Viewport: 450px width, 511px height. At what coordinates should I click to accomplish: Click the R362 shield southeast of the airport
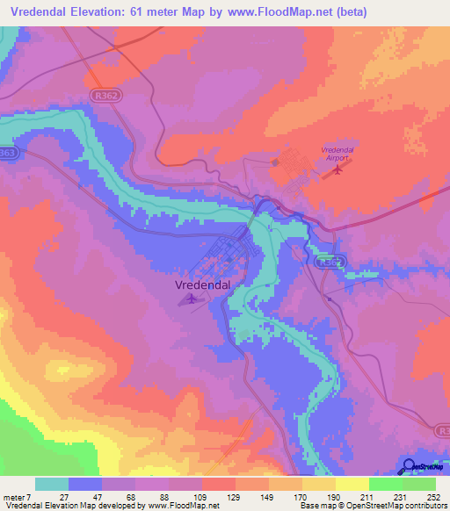click(330, 261)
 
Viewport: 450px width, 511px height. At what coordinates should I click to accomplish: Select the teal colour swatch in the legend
click(52, 484)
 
